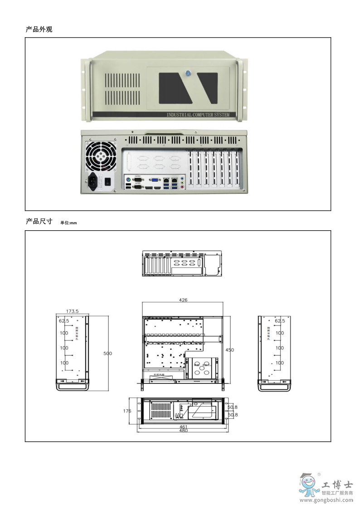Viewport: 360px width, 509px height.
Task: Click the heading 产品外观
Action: pos(39,29)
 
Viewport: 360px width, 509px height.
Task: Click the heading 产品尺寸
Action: pos(39,222)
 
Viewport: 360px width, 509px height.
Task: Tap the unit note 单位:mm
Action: pos(68,223)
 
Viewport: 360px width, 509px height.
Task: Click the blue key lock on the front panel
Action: pos(188,72)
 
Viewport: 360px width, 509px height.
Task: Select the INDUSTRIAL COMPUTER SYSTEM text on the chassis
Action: pos(198,115)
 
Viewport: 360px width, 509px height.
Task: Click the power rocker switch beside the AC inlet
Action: pos(108,182)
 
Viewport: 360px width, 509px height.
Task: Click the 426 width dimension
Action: pos(183,300)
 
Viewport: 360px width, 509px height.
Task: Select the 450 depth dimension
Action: pos(230,350)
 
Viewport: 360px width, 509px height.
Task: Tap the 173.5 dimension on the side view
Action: pos(73,311)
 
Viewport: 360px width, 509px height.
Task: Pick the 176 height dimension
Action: pos(127,411)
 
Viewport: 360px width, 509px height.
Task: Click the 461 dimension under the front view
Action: pos(184,427)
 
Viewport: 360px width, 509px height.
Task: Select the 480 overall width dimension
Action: pos(184,431)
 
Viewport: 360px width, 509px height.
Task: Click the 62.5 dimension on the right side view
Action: pos(280,321)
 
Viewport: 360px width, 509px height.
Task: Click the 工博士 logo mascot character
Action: pos(308,486)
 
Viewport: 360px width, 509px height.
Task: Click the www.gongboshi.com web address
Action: pos(326,500)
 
